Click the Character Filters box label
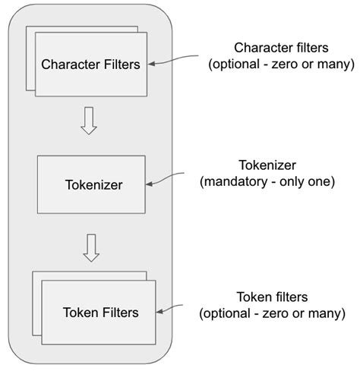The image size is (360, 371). point(91,64)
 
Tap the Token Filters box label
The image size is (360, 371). point(100,312)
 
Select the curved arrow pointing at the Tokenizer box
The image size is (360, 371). point(168,179)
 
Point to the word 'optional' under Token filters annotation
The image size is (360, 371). point(229,313)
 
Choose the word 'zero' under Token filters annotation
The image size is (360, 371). point(276,313)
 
